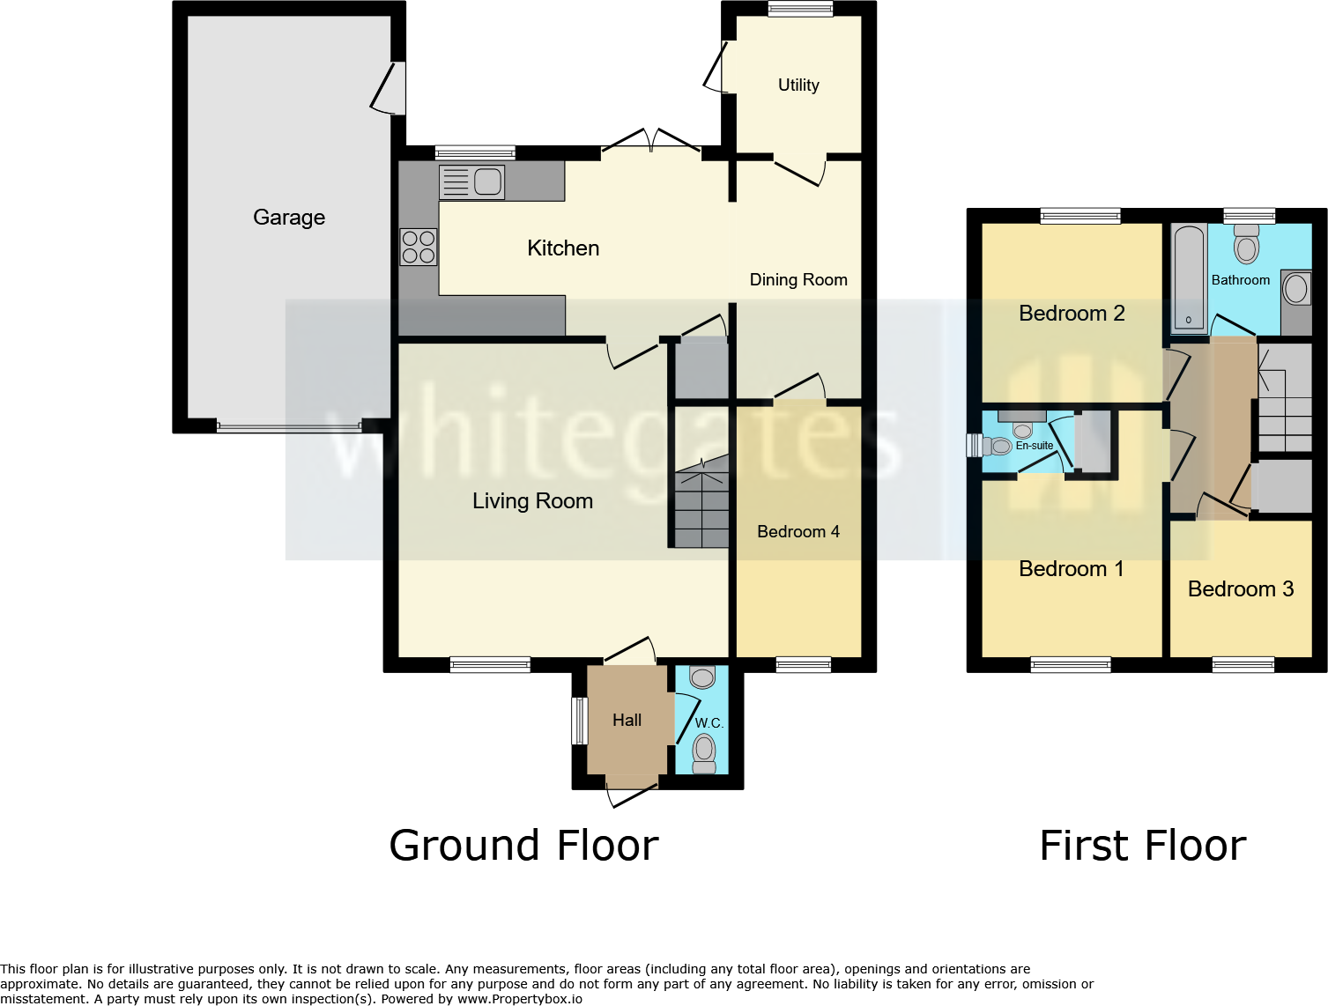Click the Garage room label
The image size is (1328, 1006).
tap(289, 218)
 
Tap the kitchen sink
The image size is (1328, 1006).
tap(471, 182)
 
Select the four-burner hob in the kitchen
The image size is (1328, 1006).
tap(419, 247)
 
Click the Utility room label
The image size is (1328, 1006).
tap(798, 85)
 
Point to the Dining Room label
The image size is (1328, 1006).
tap(798, 280)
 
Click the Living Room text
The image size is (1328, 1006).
tap(532, 501)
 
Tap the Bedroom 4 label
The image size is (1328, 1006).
tap(798, 532)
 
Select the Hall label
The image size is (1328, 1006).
tap(627, 721)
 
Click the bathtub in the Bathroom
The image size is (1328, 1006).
tap(1189, 277)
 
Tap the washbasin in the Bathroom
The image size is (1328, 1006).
tap(1296, 289)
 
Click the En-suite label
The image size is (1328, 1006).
tap(1035, 446)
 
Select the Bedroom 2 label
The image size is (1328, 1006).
tap(1072, 314)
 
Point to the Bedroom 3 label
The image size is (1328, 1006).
tap(1241, 589)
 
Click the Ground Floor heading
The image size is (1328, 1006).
tap(523, 846)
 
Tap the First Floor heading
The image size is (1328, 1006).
tap(1143, 846)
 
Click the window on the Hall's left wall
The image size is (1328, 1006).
tap(580, 721)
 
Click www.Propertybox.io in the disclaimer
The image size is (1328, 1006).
tap(519, 999)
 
